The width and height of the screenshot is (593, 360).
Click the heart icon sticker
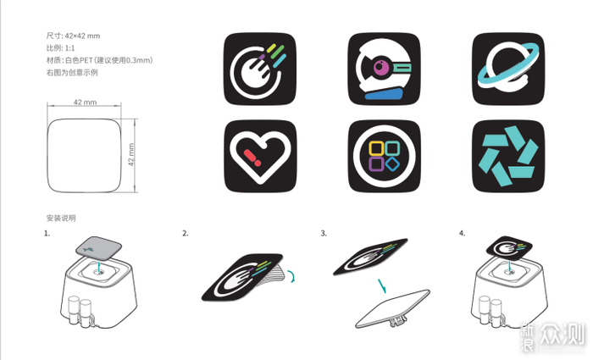tap(260, 156)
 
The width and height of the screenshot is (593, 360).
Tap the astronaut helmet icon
tap(384, 69)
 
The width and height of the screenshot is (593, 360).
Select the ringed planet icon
tap(508, 69)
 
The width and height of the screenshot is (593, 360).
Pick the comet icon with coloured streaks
tap(260, 69)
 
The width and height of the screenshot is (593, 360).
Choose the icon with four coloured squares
tap(384, 156)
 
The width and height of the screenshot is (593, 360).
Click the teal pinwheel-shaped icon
tap(508, 156)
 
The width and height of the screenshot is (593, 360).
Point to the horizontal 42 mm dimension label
tap(85, 102)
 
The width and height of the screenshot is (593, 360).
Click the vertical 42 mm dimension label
tap(131, 155)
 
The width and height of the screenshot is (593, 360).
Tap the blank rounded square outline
tap(84, 155)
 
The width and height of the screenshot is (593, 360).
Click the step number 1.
tap(47, 233)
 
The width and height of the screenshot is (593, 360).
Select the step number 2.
tap(185, 233)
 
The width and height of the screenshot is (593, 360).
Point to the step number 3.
tap(324, 233)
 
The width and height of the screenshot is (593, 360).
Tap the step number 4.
tap(462, 233)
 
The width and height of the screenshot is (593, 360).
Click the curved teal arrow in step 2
tap(293, 275)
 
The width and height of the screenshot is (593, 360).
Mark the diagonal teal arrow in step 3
tap(382, 285)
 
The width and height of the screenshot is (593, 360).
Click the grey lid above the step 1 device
tap(99, 248)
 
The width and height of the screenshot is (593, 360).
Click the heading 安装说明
tap(61, 219)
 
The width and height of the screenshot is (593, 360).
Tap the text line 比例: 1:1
tap(60, 48)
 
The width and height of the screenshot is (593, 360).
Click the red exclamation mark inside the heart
tap(252, 158)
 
